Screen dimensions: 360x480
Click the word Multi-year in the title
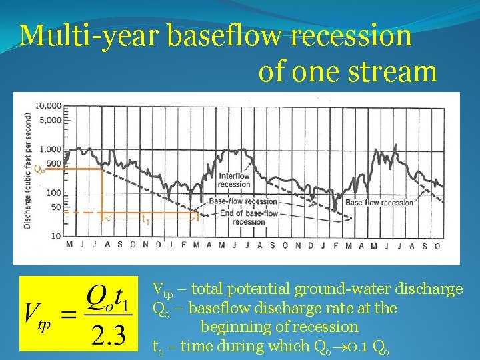[x=89, y=36]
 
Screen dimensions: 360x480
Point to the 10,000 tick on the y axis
[x=48, y=105]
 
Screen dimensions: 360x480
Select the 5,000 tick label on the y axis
[x=50, y=120]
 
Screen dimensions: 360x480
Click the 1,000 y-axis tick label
[x=50, y=150]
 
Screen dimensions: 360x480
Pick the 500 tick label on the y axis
[x=54, y=164]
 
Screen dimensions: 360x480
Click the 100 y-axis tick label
[x=54, y=193]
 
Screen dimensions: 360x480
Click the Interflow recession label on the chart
[x=234, y=180]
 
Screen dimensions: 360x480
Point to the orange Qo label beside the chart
[x=39, y=169]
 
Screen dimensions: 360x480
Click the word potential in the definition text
[x=253, y=289]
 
